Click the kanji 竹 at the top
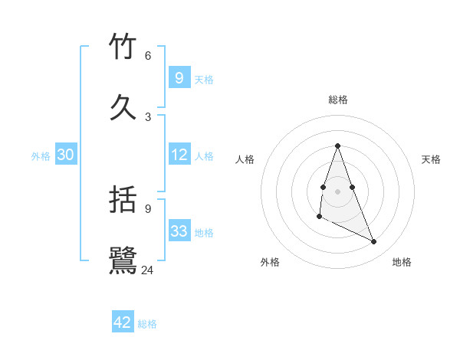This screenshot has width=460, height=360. click(x=123, y=47)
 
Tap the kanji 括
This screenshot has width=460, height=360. click(x=123, y=201)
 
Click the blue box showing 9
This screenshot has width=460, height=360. click(x=179, y=77)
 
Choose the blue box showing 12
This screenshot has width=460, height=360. click(x=179, y=155)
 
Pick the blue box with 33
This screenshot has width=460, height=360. click(x=179, y=231)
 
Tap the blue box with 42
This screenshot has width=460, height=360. click(x=123, y=322)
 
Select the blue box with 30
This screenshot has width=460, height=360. click(x=66, y=155)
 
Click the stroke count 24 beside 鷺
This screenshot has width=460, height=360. click(x=148, y=270)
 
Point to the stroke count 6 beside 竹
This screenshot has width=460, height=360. click(x=148, y=56)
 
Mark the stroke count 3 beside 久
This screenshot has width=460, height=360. click(x=148, y=116)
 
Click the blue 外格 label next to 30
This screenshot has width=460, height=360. click(x=41, y=156)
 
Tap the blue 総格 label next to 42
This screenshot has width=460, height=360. click(x=147, y=324)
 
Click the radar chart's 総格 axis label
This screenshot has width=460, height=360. click(x=338, y=100)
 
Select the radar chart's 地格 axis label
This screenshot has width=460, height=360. click(x=402, y=262)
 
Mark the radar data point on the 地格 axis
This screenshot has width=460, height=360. click(x=374, y=242)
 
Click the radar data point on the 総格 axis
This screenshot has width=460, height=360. click(x=338, y=146)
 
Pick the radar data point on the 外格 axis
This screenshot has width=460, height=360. click(x=319, y=217)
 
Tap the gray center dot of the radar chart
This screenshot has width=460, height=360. click(x=338, y=191)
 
